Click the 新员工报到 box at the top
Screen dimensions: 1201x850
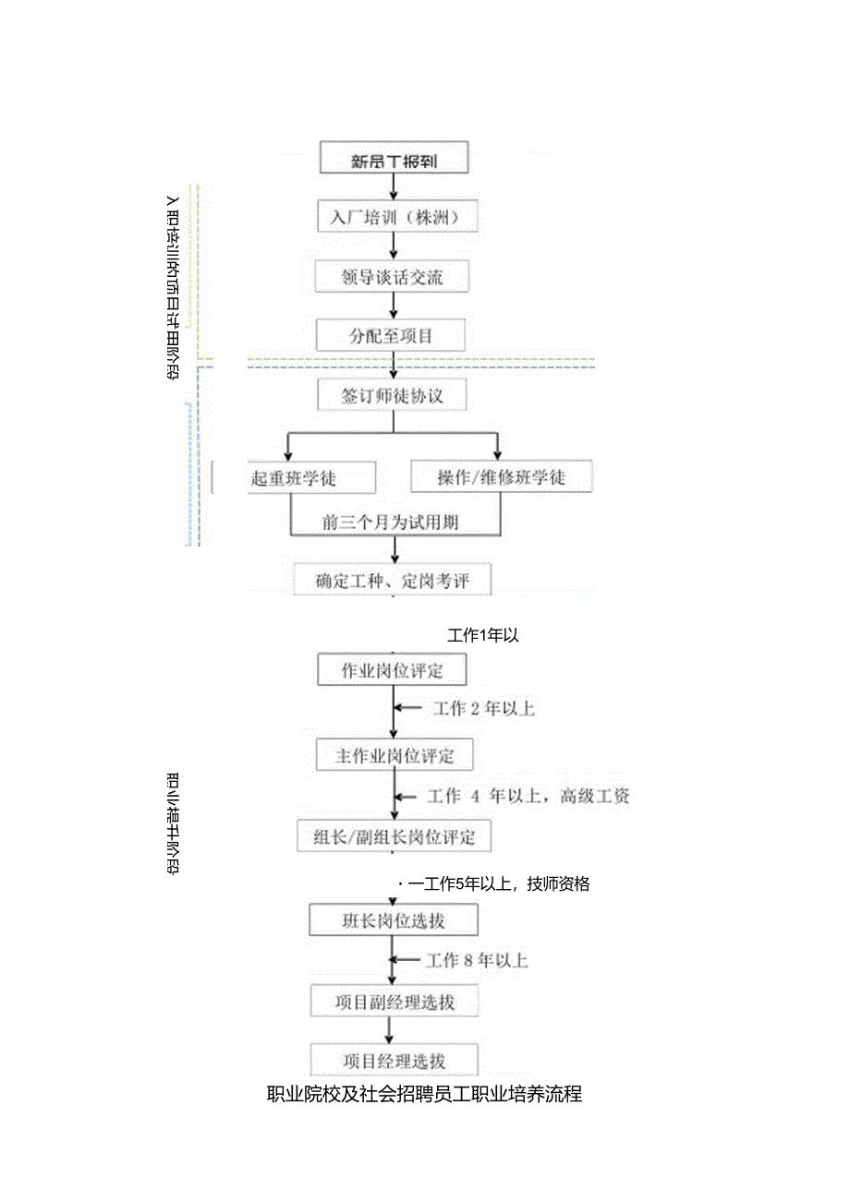pyautogui.click(x=395, y=160)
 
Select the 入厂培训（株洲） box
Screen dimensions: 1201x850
pyautogui.click(x=395, y=218)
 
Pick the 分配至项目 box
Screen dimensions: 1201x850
pyautogui.click(x=391, y=336)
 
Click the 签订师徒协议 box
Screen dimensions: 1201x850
pyautogui.click(x=393, y=396)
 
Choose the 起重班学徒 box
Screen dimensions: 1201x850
pyautogui.click(x=312, y=477)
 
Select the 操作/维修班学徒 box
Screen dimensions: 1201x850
pyautogui.click(x=501, y=477)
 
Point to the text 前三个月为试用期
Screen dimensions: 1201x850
pyautogui.click(x=391, y=522)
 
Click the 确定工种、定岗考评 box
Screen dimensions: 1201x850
pyautogui.click(x=392, y=581)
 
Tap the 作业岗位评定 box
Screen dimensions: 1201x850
pyautogui.click(x=392, y=670)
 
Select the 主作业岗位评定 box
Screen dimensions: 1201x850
pyautogui.click(x=395, y=756)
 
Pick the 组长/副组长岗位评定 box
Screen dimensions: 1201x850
pyautogui.click(x=394, y=837)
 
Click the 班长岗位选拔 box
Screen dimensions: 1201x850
pyautogui.click(x=394, y=920)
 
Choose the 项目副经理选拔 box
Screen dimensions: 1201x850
pyautogui.click(x=395, y=1002)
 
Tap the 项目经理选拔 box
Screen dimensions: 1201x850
pyautogui.click(x=395, y=1060)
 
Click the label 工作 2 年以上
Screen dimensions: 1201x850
pyautogui.click(x=483, y=709)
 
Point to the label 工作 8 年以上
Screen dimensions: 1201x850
pyautogui.click(x=477, y=961)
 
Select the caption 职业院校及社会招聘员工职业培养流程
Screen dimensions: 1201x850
pyautogui.click(x=424, y=1095)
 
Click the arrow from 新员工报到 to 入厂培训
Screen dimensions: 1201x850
pyautogui.click(x=395, y=186)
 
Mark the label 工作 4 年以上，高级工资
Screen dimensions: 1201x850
pyautogui.click(x=528, y=796)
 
